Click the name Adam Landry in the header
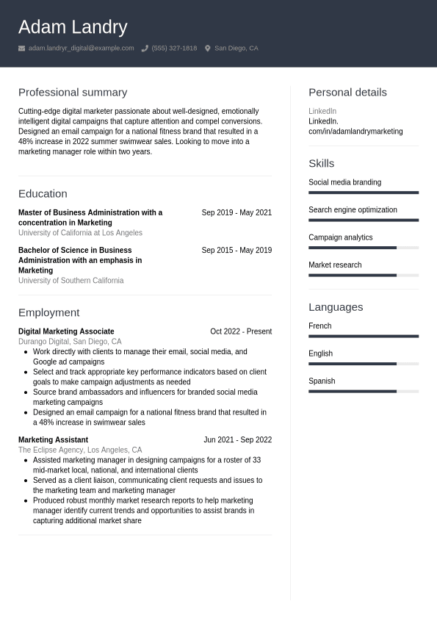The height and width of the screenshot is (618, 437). coord(73,27)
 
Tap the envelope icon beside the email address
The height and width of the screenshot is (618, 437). coord(22,48)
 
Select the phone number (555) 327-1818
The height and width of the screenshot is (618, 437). coord(174,48)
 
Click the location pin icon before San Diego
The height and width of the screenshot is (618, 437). coord(208,48)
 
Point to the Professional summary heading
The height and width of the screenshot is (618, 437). coord(73,93)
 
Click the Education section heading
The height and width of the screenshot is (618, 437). coord(43,194)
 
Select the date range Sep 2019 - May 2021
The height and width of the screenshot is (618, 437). coord(236,212)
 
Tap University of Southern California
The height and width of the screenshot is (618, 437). coord(71,281)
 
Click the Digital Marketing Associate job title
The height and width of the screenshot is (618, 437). coord(66,331)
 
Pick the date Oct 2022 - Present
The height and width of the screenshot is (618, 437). coord(241,331)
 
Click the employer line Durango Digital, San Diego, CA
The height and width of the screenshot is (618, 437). coord(70,342)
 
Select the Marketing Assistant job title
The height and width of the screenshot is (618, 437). coord(53,440)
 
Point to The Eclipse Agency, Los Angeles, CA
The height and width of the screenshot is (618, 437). coord(80,450)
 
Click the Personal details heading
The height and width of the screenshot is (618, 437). coord(347,93)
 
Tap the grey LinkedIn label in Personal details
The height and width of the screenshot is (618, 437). coord(322,112)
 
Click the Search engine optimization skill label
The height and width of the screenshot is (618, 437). coord(353,210)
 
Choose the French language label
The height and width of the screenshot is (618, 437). coord(319,326)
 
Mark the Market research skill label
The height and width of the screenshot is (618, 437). coord(335,265)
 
